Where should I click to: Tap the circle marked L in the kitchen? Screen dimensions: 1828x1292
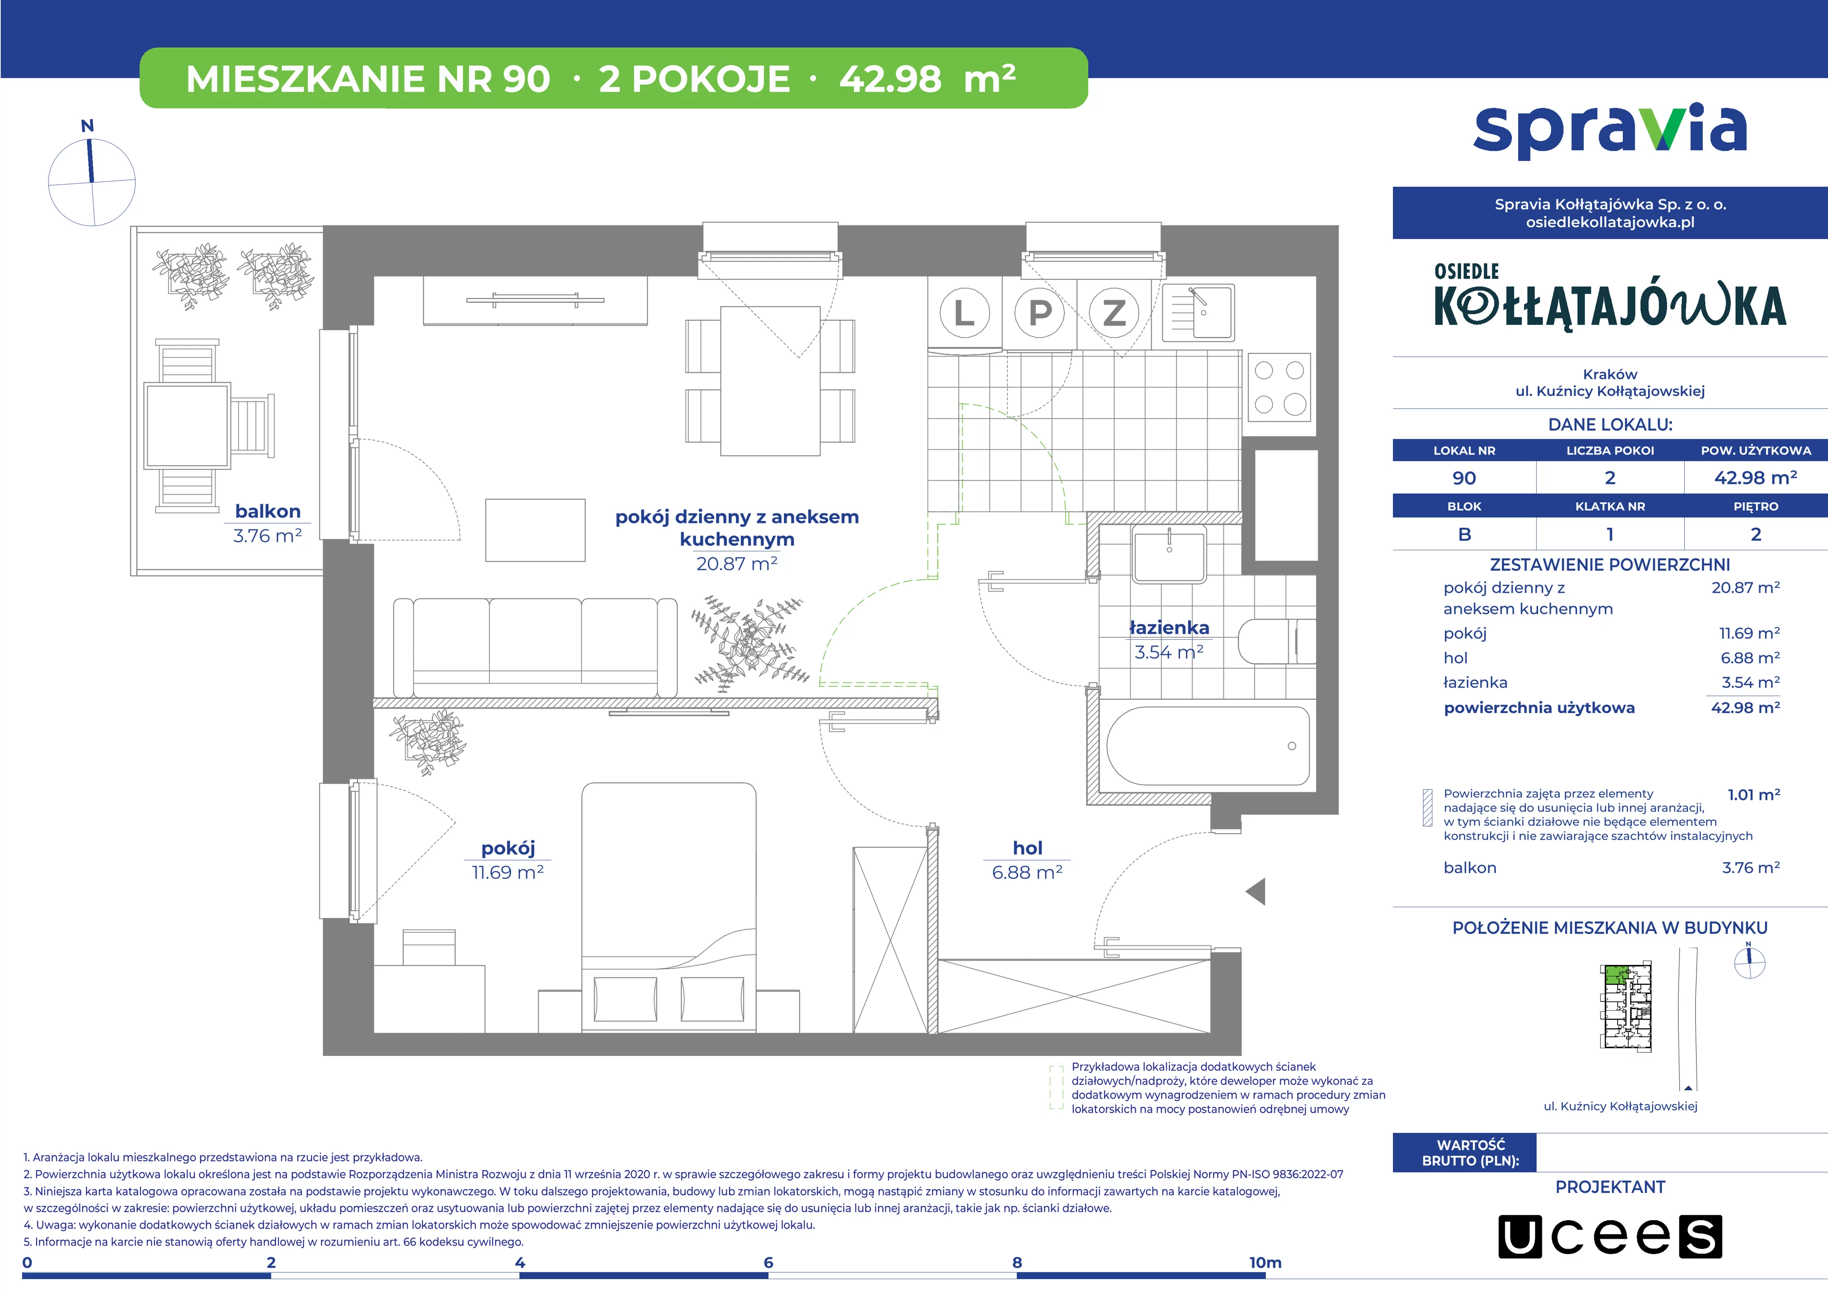pos(964,313)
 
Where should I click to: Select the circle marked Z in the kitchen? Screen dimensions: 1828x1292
pos(1114,313)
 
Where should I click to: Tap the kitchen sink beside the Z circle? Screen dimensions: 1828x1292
pos(1198,312)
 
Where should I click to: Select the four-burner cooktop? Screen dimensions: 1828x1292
pos(1280,387)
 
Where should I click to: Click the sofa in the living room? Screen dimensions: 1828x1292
pos(535,647)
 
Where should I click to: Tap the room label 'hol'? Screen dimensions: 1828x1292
pos(1027,848)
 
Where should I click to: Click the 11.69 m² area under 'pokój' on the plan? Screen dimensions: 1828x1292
pos(508,873)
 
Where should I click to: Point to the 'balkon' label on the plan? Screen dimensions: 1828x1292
pos(268,511)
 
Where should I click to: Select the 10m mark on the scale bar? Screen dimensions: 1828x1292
pos(1265,1262)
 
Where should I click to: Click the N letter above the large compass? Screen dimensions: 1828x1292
pos(88,126)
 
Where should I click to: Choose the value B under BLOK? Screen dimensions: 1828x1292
pos(1464,534)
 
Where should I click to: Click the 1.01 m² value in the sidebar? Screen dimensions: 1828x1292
pos(1753,795)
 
